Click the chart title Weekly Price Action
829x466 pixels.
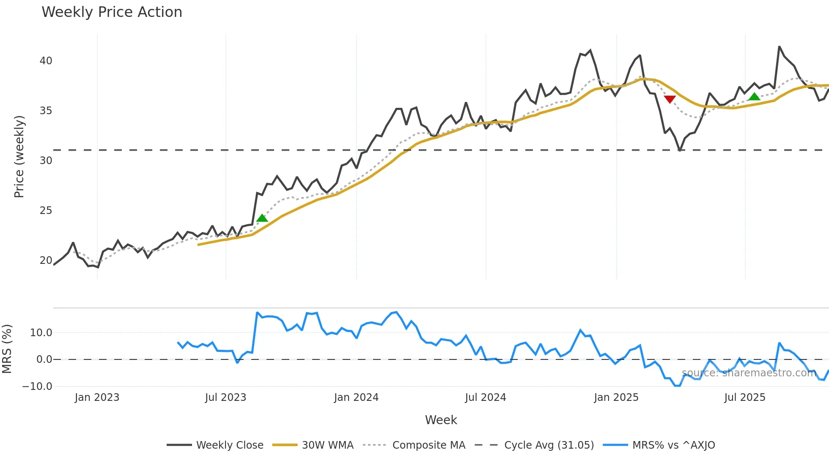(x=112, y=12)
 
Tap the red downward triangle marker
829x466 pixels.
(x=670, y=99)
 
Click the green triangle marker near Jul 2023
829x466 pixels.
(x=262, y=218)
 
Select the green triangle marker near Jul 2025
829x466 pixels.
(x=754, y=97)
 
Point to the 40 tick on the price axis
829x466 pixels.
(x=46, y=61)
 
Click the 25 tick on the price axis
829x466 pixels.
(x=46, y=211)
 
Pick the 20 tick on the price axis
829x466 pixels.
(x=46, y=260)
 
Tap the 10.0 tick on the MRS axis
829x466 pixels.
(x=41, y=333)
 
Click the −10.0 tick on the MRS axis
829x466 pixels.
(x=37, y=387)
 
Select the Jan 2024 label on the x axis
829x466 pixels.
(x=356, y=397)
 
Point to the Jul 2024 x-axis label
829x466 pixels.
(x=486, y=397)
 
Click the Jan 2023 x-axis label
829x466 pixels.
(x=97, y=397)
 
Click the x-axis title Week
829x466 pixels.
(x=441, y=420)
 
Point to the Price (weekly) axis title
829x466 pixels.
(x=19, y=156)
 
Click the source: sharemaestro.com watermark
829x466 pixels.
(x=749, y=373)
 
